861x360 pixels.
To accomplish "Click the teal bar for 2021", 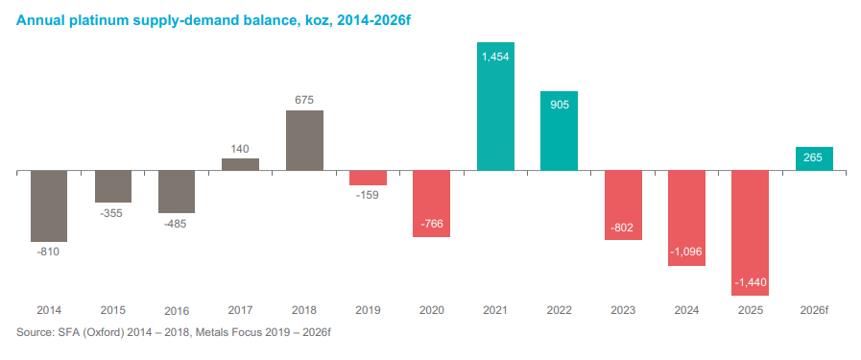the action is [x=495, y=106].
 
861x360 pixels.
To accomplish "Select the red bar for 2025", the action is [x=751, y=232].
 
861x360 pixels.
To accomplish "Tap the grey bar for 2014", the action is [x=49, y=205].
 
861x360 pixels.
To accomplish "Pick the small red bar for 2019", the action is [x=368, y=178].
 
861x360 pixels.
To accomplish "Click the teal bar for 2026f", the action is [x=814, y=158].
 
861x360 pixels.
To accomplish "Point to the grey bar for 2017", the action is [x=241, y=164].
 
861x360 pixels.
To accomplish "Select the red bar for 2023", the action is [x=623, y=205].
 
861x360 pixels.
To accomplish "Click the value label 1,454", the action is [x=496, y=56].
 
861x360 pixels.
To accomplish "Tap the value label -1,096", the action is [x=686, y=252].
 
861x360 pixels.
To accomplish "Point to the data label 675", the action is [x=304, y=101].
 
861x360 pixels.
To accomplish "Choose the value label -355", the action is [x=112, y=213].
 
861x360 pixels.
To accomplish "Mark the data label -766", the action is [x=432, y=224].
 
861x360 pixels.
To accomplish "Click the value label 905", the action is [x=559, y=105].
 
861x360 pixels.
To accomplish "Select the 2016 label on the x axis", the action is [x=177, y=311].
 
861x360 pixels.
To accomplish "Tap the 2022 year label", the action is [x=559, y=310].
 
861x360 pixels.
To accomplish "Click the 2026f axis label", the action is [x=814, y=310].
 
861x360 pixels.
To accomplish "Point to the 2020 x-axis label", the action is [x=432, y=310].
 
